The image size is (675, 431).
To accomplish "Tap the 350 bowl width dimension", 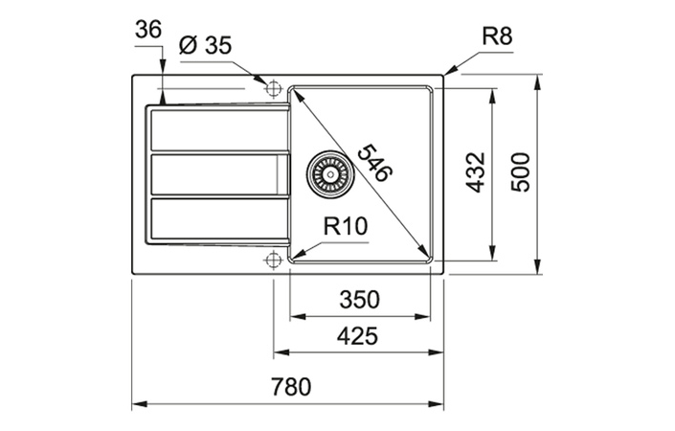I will [x=359, y=299].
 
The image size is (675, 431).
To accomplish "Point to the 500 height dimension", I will [x=520, y=173].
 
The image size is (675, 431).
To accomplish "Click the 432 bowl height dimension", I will [x=475, y=173].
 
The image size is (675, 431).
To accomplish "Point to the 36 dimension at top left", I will [x=148, y=31].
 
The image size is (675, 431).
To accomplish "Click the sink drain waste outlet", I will [x=328, y=174].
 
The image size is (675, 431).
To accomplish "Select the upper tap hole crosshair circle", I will [x=274, y=88].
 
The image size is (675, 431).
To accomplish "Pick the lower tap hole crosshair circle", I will [x=274, y=260].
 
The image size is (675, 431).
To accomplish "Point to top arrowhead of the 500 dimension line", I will [x=537, y=77].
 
